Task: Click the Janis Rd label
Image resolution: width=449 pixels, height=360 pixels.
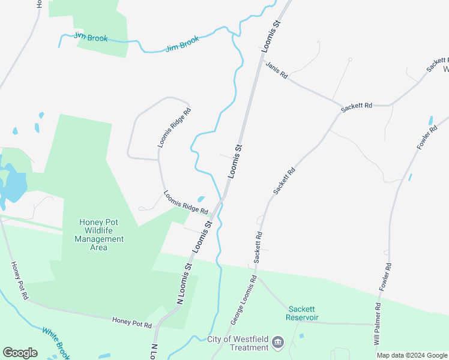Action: pyautogui.click(x=277, y=70)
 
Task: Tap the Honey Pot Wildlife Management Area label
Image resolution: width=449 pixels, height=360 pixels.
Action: pyautogui.click(x=99, y=235)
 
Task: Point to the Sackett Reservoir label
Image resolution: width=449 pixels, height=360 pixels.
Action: pyautogui.click(x=302, y=313)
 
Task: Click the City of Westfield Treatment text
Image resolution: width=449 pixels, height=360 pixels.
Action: pyautogui.click(x=238, y=343)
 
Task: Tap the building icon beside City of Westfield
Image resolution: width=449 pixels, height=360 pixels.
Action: pyautogui.click(x=277, y=343)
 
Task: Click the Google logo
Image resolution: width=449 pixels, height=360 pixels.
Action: pyautogui.click(x=20, y=352)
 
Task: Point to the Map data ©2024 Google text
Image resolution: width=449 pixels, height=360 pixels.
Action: pyautogui.click(x=411, y=355)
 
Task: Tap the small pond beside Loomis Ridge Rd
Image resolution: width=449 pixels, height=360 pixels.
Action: pyautogui.click(x=201, y=199)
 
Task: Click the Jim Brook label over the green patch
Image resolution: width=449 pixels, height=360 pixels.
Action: pyautogui.click(x=91, y=38)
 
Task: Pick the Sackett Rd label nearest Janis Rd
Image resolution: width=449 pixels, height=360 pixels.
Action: pyautogui.click(x=357, y=107)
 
